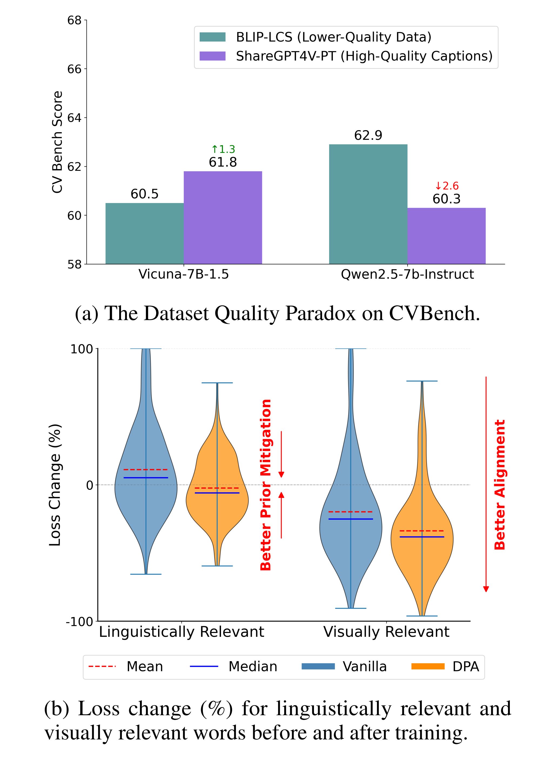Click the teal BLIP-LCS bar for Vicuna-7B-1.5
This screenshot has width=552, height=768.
tap(145, 233)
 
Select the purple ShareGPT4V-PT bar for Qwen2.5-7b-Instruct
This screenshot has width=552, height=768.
tap(446, 236)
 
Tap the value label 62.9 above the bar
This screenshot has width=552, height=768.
tap(368, 136)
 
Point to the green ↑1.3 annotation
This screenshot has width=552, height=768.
tap(223, 149)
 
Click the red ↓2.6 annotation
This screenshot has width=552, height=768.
tap(447, 186)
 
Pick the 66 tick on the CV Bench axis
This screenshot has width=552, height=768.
tap(74, 69)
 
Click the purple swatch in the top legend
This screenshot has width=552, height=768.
tap(212, 56)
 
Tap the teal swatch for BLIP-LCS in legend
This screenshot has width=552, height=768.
tap(212, 37)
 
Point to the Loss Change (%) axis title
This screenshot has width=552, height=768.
tap(55, 485)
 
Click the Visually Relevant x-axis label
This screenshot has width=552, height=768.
tap(386, 632)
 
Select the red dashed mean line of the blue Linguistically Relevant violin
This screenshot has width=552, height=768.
tap(146, 470)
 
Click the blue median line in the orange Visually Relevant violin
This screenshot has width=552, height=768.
tap(421, 537)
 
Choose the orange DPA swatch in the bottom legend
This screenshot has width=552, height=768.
tap(428, 666)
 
